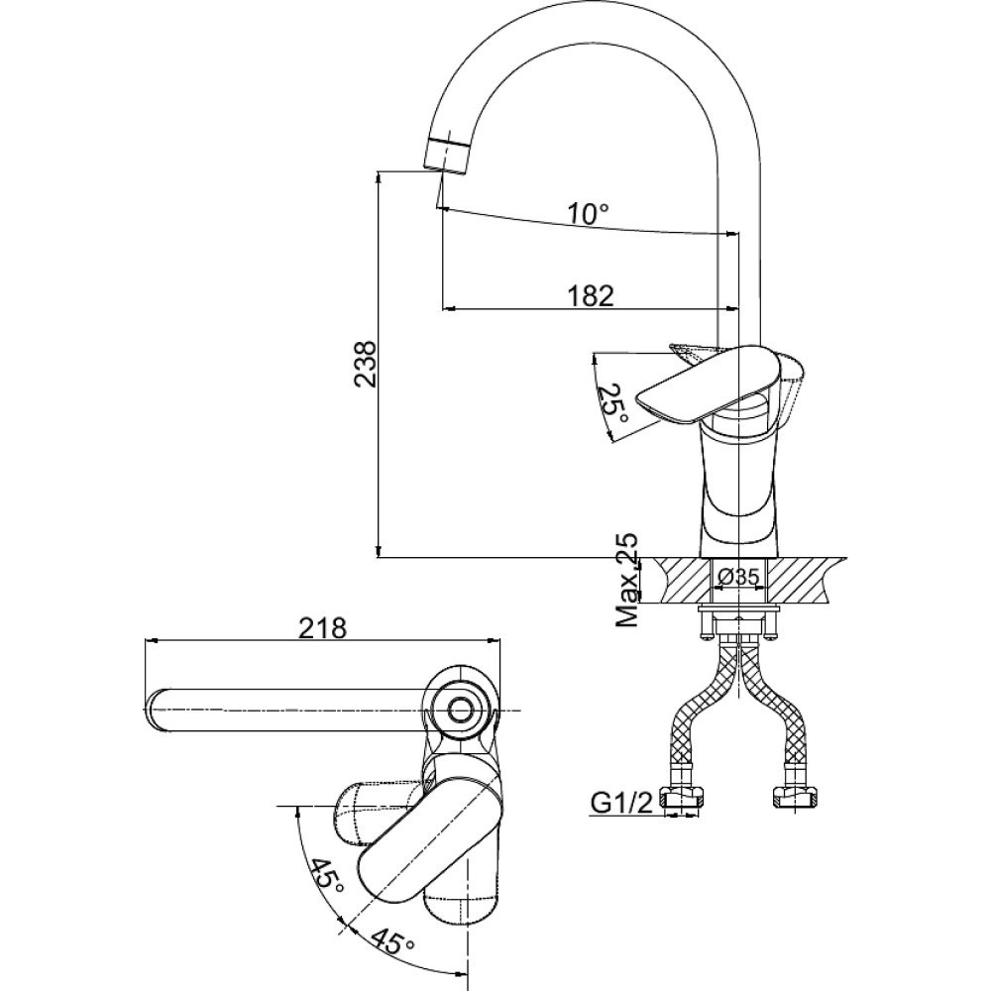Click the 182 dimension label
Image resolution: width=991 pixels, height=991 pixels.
[x=591, y=295]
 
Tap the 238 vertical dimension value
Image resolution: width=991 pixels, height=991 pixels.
[x=365, y=364]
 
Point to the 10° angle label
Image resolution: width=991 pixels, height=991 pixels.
[x=588, y=214]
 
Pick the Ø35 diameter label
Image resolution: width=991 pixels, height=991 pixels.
[x=738, y=576]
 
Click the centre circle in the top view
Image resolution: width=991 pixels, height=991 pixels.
[x=461, y=711]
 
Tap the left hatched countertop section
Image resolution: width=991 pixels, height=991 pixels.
[x=686, y=579]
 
